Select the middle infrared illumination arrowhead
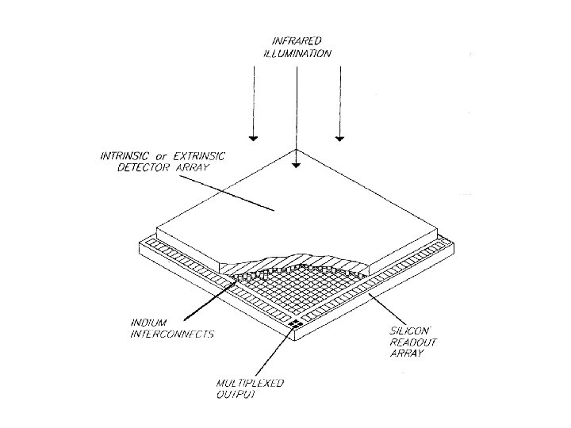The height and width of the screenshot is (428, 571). (x=295, y=165)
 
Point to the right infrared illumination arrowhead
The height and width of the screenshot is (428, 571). (x=339, y=138)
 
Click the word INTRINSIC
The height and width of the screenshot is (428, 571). (x=121, y=156)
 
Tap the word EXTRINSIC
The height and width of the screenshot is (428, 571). (x=196, y=156)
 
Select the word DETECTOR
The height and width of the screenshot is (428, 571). (x=126, y=169)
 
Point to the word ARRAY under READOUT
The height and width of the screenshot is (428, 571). (x=408, y=353)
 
